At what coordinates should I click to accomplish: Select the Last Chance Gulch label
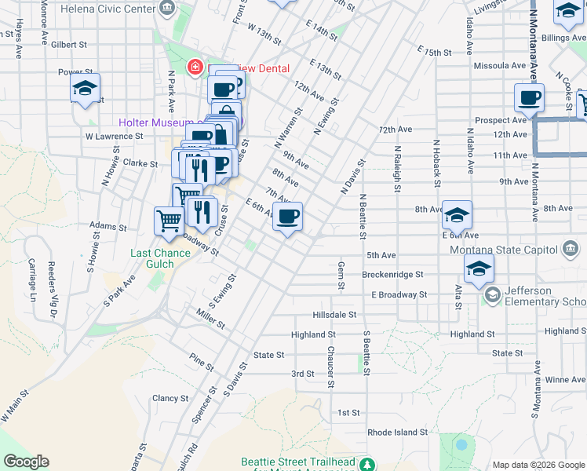coord(160,258)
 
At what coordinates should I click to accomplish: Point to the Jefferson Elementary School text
coord(545,296)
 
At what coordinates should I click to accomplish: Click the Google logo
coord(26,462)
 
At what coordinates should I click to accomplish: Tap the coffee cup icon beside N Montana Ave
coord(530,98)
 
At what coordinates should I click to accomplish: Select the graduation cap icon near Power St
coord(85,89)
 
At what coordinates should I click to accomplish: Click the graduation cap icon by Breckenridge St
coord(478,269)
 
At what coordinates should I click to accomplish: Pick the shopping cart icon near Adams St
coord(169,221)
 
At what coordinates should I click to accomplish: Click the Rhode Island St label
coord(397,432)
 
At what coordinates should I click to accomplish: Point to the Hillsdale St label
coord(334,314)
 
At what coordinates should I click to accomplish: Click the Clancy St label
coord(170,398)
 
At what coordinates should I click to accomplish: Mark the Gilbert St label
coord(67,45)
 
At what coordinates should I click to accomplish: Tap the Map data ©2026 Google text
coord(537,464)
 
